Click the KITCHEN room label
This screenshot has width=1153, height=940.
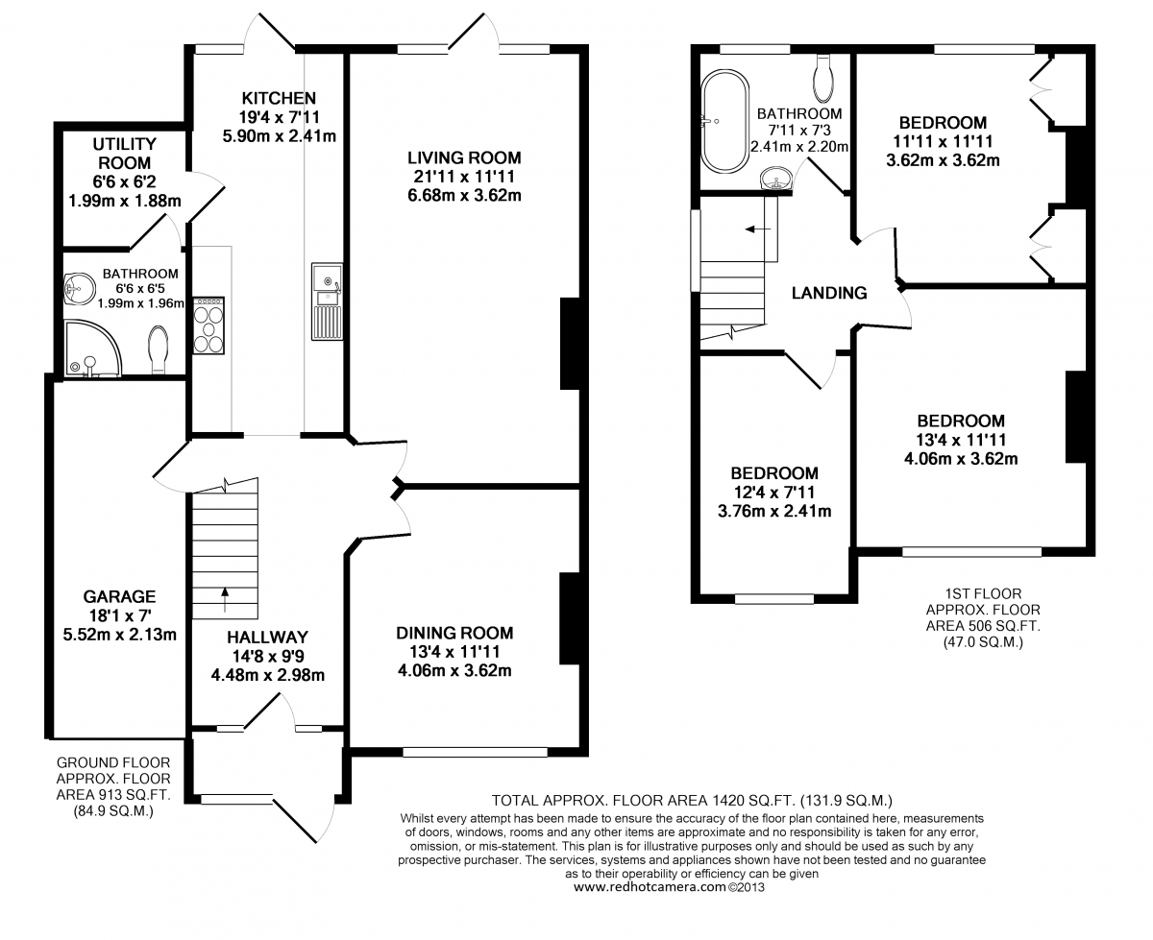tap(279, 98)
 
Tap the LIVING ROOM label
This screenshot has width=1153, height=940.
tap(464, 157)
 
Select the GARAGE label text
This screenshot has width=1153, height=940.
tap(119, 596)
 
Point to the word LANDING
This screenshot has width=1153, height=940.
tap(829, 293)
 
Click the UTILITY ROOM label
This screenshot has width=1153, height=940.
tap(125, 154)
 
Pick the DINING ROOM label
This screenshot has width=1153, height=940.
tap(454, 633)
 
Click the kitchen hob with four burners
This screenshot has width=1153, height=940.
tap(209, 325)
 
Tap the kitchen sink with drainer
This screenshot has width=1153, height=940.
tap(327, 301)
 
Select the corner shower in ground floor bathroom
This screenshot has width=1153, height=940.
tap(92, 348)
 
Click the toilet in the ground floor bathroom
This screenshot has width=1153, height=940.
tap(158, 349)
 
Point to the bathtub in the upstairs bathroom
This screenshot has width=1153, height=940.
tap(724, 121)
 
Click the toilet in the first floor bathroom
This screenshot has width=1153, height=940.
tap(822, 79)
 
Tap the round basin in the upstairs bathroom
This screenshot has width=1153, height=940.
tap(775, 178)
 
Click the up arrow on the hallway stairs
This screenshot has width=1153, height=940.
tap(225, 598)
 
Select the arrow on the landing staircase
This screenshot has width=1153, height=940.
tap(758, 229)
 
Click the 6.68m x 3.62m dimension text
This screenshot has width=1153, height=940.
tap(464, 196)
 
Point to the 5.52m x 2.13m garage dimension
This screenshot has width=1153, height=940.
tap(120, 635)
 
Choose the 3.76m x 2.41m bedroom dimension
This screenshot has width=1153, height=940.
tap(774, 511)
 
